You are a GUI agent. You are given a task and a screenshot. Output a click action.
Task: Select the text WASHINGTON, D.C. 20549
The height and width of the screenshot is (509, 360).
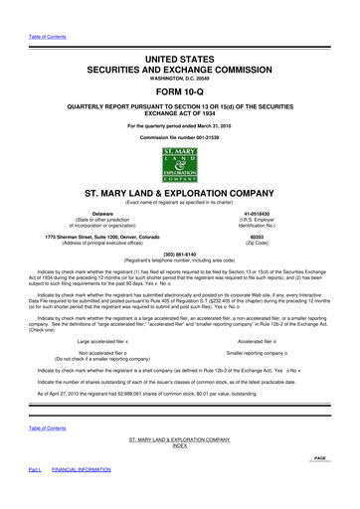[x=180, y=64]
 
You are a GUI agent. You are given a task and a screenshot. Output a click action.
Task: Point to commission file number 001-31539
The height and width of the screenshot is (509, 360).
[x=180, y=136]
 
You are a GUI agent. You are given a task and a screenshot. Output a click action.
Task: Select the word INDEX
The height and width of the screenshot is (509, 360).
[x=180, y=473]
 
